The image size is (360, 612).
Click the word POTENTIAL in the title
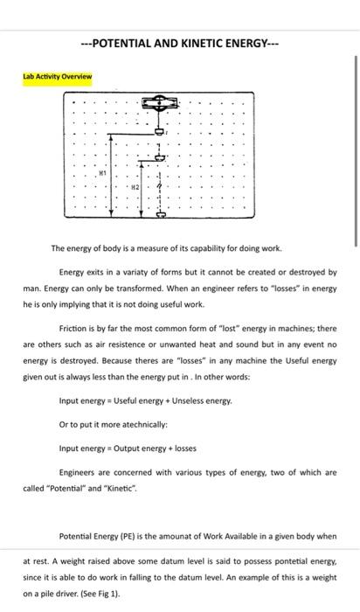click(124, 41)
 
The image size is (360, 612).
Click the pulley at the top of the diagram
click(159, 103)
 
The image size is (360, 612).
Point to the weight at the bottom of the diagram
click(160, 213)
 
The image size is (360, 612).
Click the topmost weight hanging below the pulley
click(159, 131)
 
